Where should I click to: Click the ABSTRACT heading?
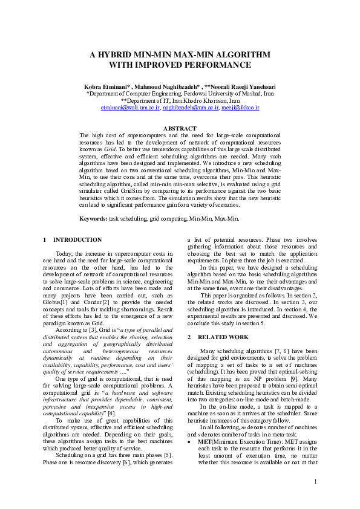pos(180,128)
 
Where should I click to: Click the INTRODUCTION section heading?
pos(77,240)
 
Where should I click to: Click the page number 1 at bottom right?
pos(316,481)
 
